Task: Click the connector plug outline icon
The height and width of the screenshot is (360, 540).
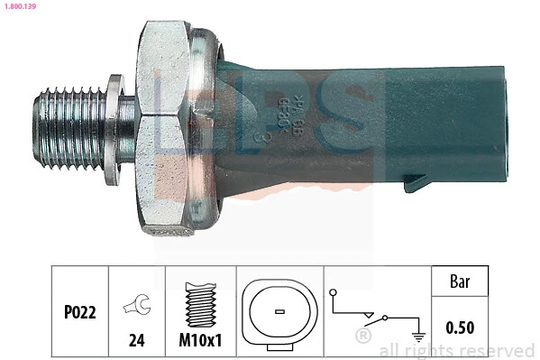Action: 279,311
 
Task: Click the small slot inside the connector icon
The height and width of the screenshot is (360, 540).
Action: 279,312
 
